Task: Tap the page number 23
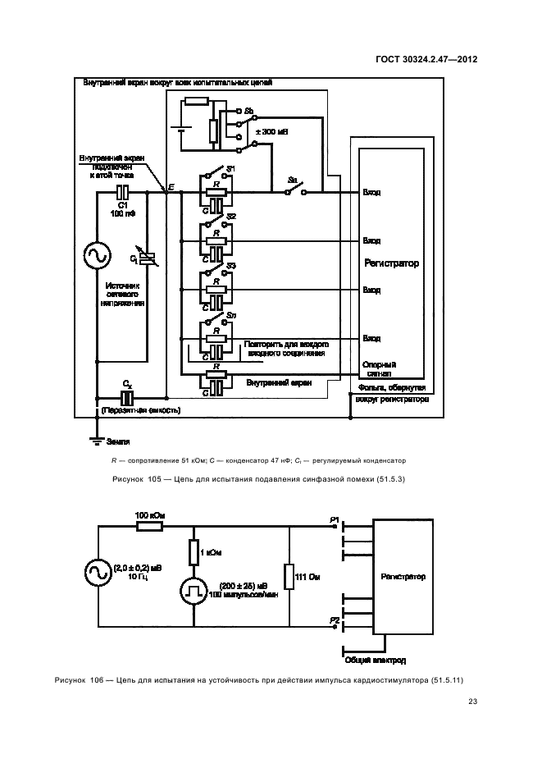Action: pyautogui.click(x=472, y=701)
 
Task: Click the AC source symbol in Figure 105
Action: pyautogui.click(x=97, y=255)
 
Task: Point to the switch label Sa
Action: pyautogui.click(x=292, y=180)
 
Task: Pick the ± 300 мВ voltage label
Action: pyautogui.click(x=272, y=132)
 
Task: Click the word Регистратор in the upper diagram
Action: pyautogui.click(x=392, y=264)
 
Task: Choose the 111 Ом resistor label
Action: pyautogui.click(x=307, y=578)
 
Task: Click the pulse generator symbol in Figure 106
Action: pyautogui.click(x=194, y=591)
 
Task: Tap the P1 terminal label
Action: pyautogui.click(x=334, y=520)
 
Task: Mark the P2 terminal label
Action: pyautogui.click(x=334, y=620)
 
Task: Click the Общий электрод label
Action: pyautogui.click(x=377, y=660)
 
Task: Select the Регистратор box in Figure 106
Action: pyautogui.click(x=403, y=577)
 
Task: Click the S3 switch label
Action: pyautogui.click(x=232, y=266)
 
